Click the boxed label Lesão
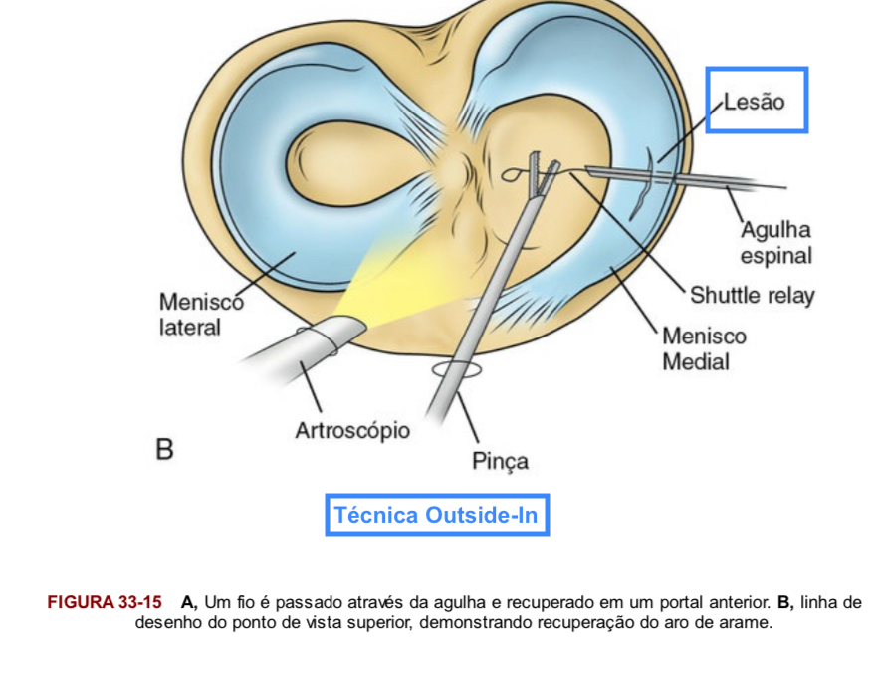(x=756, y=101)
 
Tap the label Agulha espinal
(x=775, y=243)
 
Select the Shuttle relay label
(x=752, y=295)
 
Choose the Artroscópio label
(x=351, y=431)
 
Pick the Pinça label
(x=500, y=461)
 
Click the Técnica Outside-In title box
(x=436, y=515)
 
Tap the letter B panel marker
(x=164, y=449)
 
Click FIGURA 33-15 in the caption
(x=105, y=602)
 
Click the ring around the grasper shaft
(x=456, y=370)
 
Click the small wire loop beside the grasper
(x=512, y=175)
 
